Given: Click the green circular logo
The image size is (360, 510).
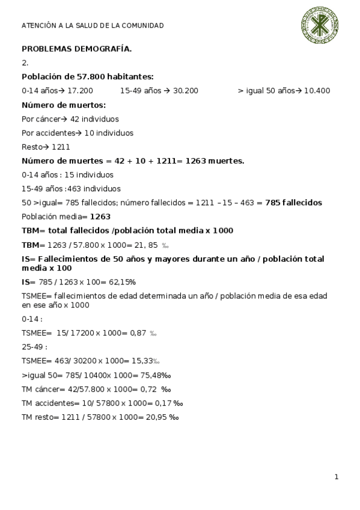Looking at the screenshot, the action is (x=320, y=26).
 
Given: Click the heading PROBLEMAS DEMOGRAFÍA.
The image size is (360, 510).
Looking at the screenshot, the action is (x=77, y=48).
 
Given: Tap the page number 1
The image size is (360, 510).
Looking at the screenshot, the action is (x=337, y=477).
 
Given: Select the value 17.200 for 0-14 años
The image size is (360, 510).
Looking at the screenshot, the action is (x=80, y=91).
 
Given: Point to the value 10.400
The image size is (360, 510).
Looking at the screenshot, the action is (x=317, y=91).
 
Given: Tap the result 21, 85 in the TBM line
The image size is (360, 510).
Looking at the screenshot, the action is (x=144, y=245).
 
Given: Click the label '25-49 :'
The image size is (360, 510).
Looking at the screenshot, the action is (x=34, y=347).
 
